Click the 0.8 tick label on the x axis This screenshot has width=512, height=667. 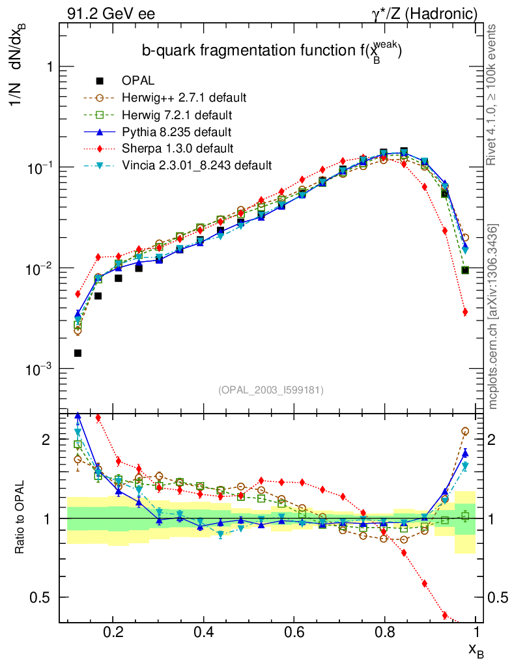(386, 632)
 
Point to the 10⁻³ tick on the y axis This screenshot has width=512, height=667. (38, 369)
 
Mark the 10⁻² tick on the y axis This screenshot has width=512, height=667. (38, 268)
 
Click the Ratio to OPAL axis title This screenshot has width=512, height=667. (21, 518)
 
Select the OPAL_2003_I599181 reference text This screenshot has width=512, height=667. (271, 390)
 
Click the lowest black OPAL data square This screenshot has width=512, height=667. (78, 353)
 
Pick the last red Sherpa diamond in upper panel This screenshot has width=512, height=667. (465, 312)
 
